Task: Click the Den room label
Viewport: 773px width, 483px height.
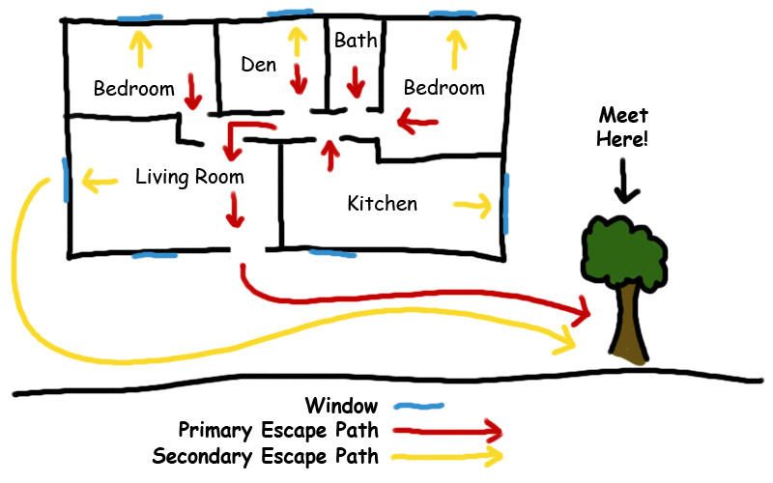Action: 258,65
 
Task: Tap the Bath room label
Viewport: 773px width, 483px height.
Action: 356,41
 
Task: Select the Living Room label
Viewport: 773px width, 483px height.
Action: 189,177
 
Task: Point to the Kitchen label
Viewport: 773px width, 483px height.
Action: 383,204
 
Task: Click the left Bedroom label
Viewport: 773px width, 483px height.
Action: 133,89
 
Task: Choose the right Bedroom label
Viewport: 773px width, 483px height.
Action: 444,88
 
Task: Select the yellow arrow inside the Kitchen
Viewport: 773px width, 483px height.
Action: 472,205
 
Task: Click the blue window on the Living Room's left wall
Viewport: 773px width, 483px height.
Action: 65,181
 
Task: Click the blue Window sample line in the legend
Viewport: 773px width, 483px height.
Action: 415,407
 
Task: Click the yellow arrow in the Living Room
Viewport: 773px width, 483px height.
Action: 100,178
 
